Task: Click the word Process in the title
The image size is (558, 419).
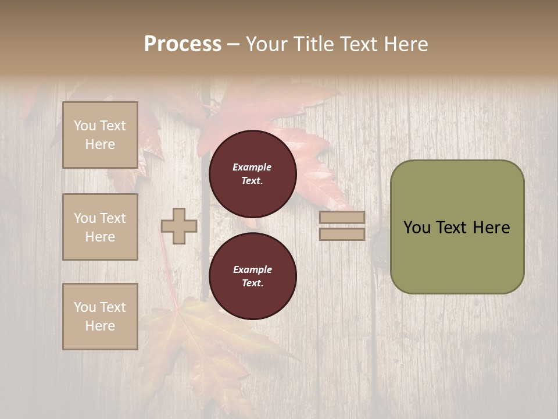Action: (183, 44)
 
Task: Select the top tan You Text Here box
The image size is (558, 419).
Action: (100, 135)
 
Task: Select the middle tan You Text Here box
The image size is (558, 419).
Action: (100, 227)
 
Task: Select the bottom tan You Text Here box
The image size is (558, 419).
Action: (100, 317)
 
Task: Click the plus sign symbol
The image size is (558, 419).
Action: (179, 226)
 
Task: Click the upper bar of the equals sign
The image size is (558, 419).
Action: (342, 218)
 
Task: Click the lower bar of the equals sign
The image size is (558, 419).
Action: (342, 235)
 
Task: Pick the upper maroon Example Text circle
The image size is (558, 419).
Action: (253, 173)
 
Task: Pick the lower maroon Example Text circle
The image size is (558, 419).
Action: (253, 276)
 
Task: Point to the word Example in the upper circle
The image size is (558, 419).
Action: (252, 167)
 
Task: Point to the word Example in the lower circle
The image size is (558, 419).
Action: (252, 269)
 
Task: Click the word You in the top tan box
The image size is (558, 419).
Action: (85, 126)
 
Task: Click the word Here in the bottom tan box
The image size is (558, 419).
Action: (100, 326)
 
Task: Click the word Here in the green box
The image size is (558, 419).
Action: (492, 228)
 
